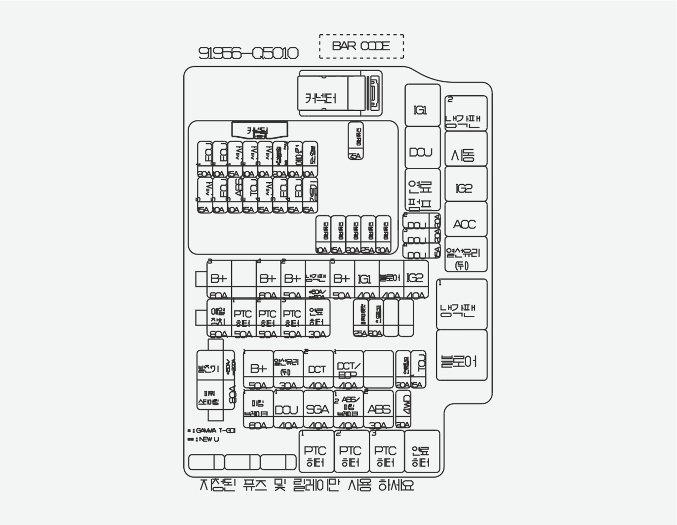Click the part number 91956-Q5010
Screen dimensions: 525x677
[248, 53]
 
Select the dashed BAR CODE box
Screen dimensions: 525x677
[361, 46]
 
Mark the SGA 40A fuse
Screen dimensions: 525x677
[318, 410]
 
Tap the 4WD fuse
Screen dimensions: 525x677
[403, 410]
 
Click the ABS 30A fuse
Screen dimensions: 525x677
[379, 410]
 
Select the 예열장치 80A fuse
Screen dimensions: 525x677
[218, 318]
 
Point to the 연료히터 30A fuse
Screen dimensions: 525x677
[317, 318]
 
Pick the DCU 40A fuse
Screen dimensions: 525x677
[286, 410]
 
